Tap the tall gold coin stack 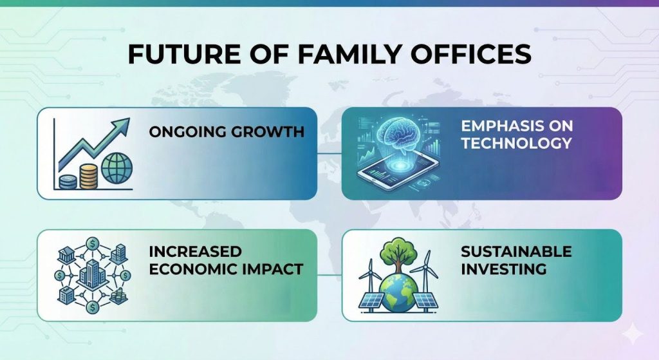[x=88, y=175]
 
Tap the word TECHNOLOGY [x=516, y=143]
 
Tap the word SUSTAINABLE [x=516, y=251]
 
